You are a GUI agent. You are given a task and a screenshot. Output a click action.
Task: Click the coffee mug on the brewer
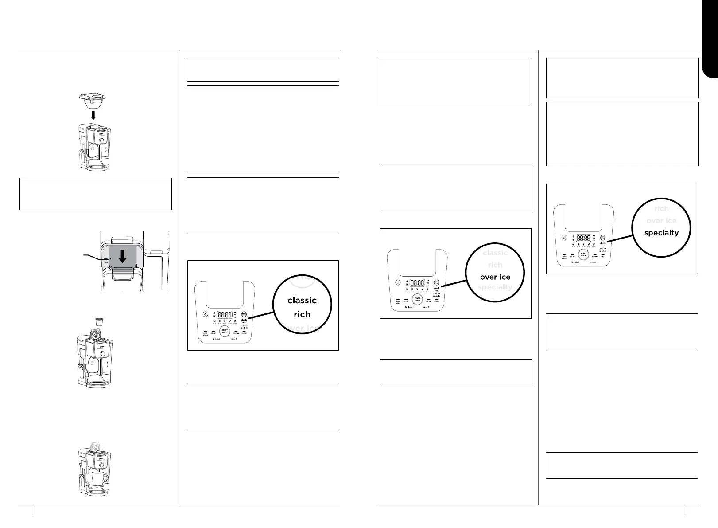click(99, 478)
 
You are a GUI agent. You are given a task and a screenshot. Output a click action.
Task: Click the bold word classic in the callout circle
click(302, 301)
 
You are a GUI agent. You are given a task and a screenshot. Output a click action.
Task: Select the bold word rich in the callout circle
click(302, 314)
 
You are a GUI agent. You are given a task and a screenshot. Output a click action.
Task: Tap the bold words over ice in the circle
click(495, 277)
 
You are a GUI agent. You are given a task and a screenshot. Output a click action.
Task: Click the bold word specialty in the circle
click(661, 232)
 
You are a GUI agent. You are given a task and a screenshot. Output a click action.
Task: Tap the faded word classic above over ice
click(495, 253)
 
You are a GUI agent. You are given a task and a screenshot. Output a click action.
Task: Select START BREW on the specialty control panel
click(583, 255)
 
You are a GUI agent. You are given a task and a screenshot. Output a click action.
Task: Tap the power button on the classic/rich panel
click(205, 314)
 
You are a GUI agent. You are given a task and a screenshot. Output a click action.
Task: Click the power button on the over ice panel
click(398, 282)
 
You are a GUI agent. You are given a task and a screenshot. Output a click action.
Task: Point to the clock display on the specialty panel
click(583, 238)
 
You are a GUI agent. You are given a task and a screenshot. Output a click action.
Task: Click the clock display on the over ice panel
click(417, 282)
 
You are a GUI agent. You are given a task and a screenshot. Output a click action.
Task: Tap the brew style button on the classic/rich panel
click(244, 314)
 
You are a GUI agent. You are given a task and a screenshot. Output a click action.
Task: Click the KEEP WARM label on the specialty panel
click(564, 257)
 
